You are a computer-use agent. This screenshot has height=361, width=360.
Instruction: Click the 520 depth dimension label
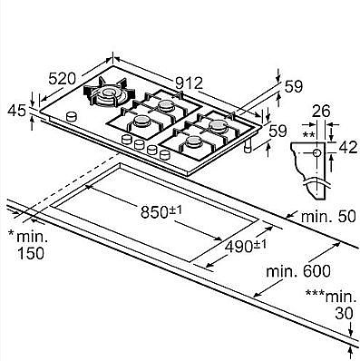coord(61,80)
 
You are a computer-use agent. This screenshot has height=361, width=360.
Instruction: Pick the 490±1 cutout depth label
coord(246,246)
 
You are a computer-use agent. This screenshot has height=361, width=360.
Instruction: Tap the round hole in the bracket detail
coord(316,155)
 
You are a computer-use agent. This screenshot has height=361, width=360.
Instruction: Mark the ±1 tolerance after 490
coord(260,243)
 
